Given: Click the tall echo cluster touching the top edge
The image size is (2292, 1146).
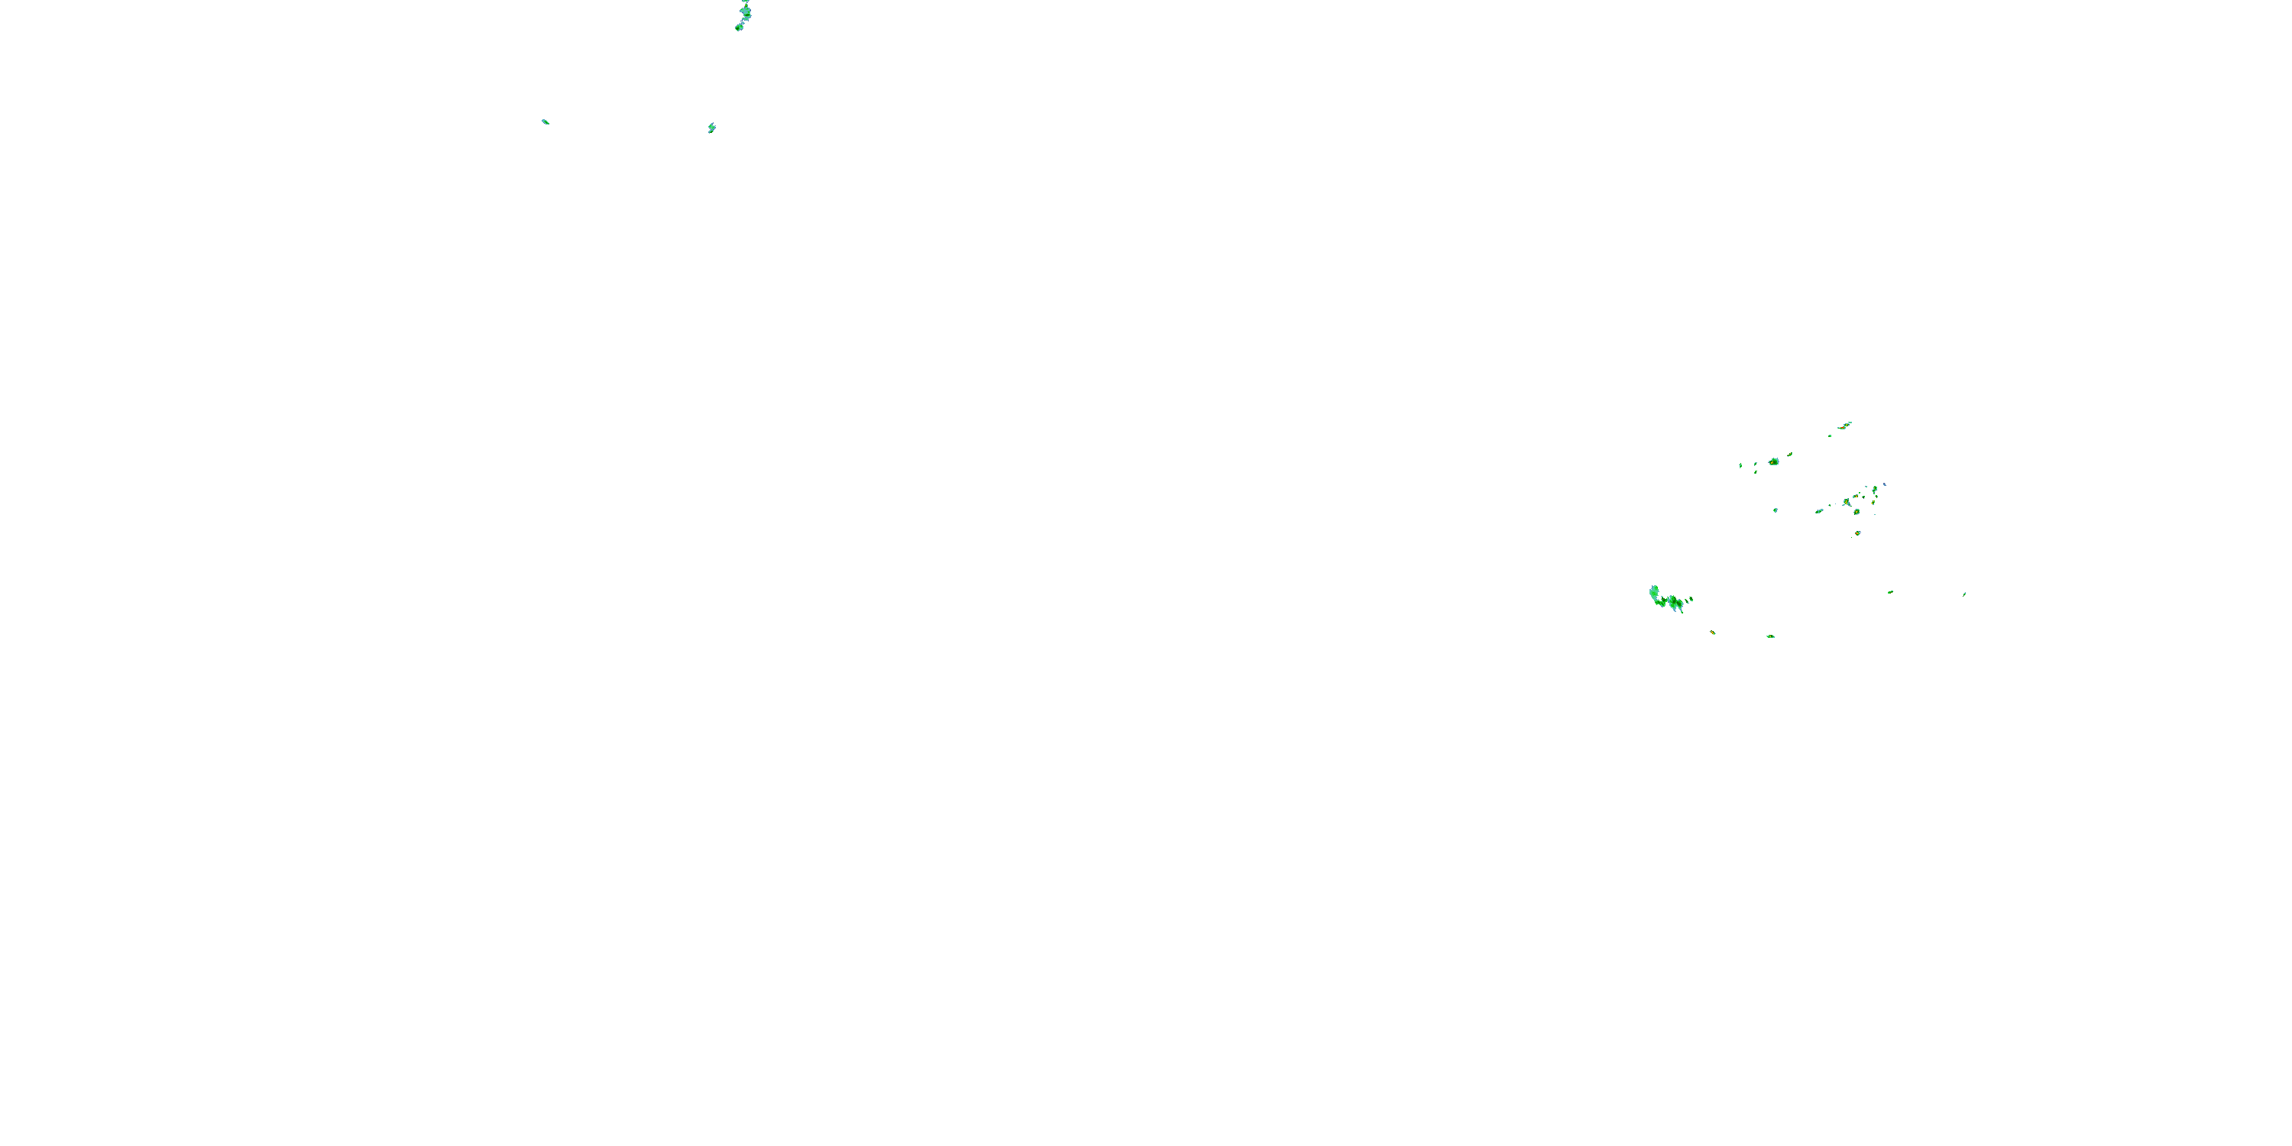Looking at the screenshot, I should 746,11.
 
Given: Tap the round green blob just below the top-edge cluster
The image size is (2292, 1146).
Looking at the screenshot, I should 739,28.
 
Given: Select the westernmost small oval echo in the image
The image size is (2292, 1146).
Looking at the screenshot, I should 545,121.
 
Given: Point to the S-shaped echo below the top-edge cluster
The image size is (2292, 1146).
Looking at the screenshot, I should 712,128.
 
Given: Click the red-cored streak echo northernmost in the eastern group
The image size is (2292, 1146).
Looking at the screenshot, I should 1844,426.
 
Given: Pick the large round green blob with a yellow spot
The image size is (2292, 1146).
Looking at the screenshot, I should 1773,461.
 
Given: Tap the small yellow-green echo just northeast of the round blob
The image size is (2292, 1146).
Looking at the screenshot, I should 1790,454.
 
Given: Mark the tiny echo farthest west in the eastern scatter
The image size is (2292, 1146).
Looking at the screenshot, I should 1740,465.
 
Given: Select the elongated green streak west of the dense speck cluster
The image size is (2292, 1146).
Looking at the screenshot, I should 1820,510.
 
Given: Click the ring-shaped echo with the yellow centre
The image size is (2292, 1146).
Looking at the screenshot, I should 1857,512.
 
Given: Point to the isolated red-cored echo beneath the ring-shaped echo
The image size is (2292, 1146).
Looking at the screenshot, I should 1858,533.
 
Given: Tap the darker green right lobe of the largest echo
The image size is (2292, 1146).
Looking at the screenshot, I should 1676,604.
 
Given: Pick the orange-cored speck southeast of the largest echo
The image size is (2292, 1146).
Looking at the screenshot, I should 1713,632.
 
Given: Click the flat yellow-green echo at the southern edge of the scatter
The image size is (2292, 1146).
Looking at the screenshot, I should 1771,636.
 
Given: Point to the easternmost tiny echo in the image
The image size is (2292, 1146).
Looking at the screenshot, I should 1964,594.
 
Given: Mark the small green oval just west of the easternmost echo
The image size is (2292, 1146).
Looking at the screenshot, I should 1891,591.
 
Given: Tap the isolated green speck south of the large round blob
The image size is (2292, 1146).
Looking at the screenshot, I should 1776,510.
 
